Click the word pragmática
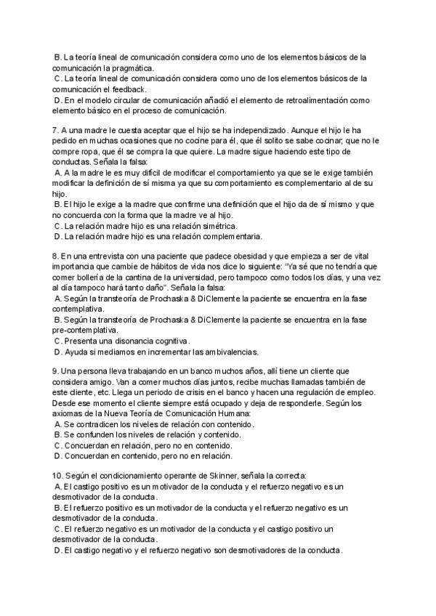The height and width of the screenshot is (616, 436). coord(132,68)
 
